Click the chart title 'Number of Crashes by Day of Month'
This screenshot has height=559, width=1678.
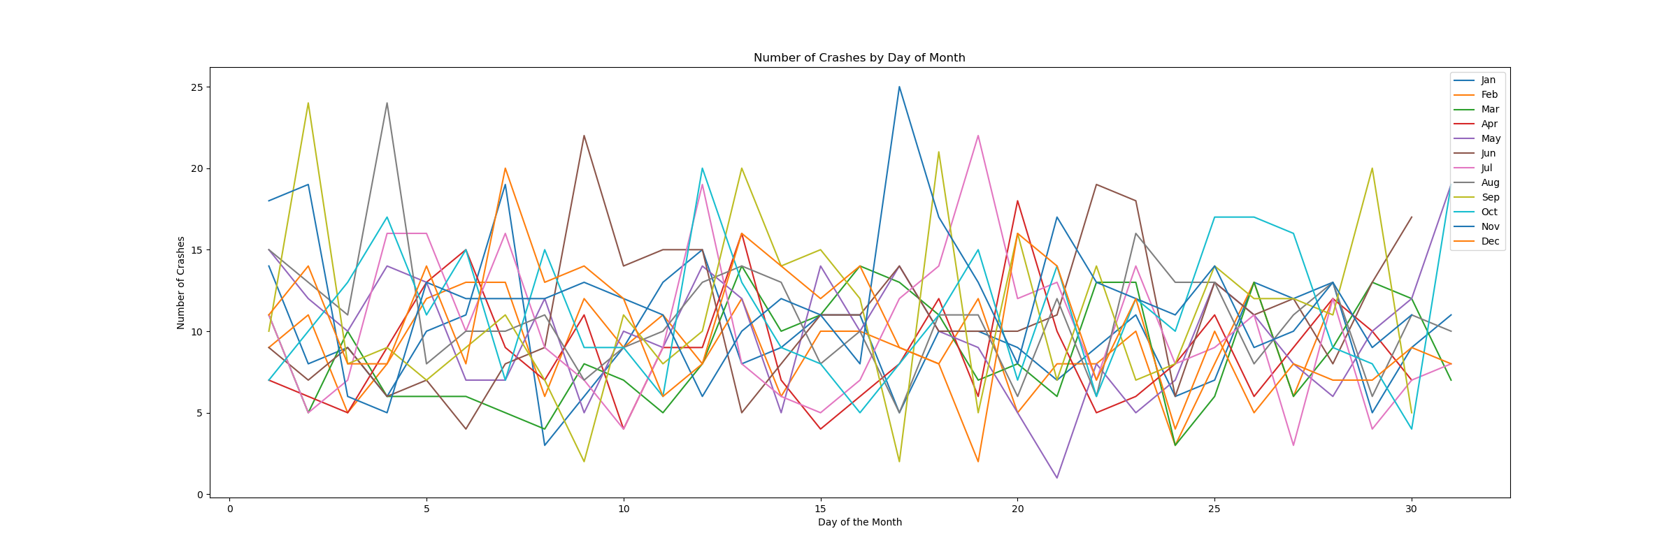(x=859, y=58)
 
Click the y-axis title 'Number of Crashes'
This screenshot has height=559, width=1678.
(x=181, y=282)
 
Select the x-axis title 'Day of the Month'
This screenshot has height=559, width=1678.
(x=859, y=522)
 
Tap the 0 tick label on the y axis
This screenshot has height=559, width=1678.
(x=199, y=495)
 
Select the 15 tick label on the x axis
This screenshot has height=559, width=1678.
(x=820, y=509)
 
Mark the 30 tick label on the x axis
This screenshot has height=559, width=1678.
(x=1411, y=509)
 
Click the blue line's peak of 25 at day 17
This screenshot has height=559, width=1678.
(x=899, y=87)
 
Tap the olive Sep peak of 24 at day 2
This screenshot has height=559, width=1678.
(x=308, y=103)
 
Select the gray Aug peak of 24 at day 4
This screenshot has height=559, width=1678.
(x=387, y=103)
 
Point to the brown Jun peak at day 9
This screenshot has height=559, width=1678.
(x=584, y=136)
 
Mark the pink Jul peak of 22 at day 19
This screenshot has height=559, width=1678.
(x=977, y=136)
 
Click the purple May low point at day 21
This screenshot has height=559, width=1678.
(x=1056, y=478)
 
